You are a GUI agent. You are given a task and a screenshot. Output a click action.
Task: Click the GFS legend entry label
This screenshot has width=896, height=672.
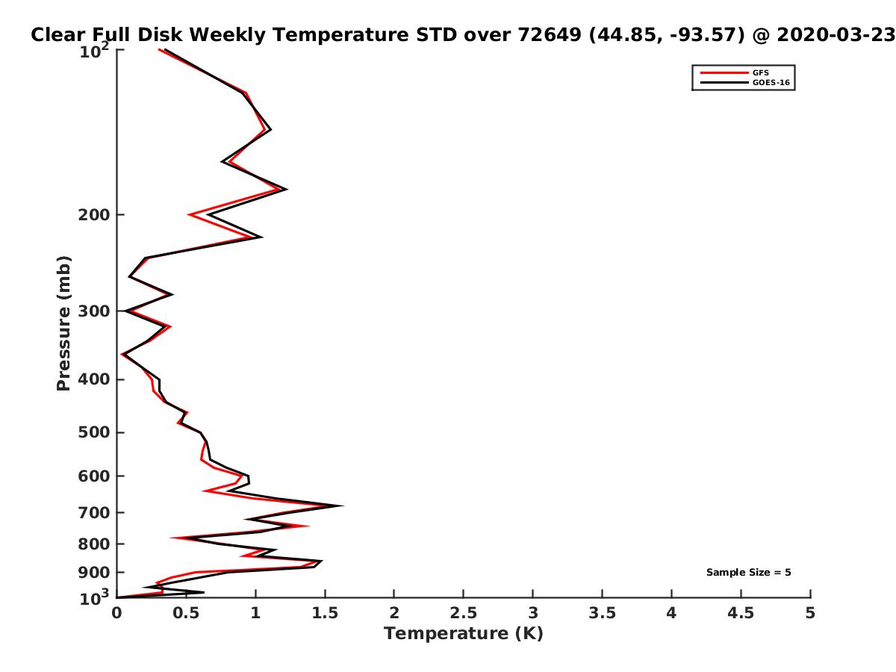760,72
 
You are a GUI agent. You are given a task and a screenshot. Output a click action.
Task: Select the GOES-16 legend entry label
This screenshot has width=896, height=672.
771,82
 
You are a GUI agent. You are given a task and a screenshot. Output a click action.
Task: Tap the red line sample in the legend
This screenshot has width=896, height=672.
724,72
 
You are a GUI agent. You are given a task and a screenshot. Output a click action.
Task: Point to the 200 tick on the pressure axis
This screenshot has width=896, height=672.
94,214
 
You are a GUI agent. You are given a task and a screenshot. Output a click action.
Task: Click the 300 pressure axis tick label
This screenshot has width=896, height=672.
94,311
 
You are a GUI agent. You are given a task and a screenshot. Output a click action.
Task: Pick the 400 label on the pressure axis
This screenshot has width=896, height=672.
94,379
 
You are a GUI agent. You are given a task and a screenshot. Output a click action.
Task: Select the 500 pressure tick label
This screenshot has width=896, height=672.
94,432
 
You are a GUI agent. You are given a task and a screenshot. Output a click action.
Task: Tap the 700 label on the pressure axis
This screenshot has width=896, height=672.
94,512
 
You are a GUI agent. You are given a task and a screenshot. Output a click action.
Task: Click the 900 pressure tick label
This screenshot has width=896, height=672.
94,573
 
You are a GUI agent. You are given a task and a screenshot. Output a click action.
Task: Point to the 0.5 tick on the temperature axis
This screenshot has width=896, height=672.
186,613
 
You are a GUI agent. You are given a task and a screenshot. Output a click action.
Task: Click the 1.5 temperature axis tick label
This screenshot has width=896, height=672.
325,613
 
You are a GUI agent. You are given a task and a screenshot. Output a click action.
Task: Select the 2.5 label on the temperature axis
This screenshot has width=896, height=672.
464,613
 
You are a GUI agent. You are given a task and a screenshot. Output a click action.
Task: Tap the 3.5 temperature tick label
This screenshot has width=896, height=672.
602,613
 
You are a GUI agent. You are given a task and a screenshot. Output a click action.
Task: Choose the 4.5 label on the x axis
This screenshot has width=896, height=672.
741,613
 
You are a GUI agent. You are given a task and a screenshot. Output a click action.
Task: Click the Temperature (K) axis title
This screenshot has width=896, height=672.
464,634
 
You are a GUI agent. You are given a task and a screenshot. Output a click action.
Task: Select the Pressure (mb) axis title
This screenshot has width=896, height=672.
63,323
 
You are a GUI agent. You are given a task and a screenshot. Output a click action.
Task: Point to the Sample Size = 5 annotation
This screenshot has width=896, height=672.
749,572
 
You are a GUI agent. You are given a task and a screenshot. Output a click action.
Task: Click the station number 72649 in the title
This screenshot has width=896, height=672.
550,34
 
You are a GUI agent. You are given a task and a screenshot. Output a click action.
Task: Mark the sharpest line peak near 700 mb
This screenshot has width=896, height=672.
342,505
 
